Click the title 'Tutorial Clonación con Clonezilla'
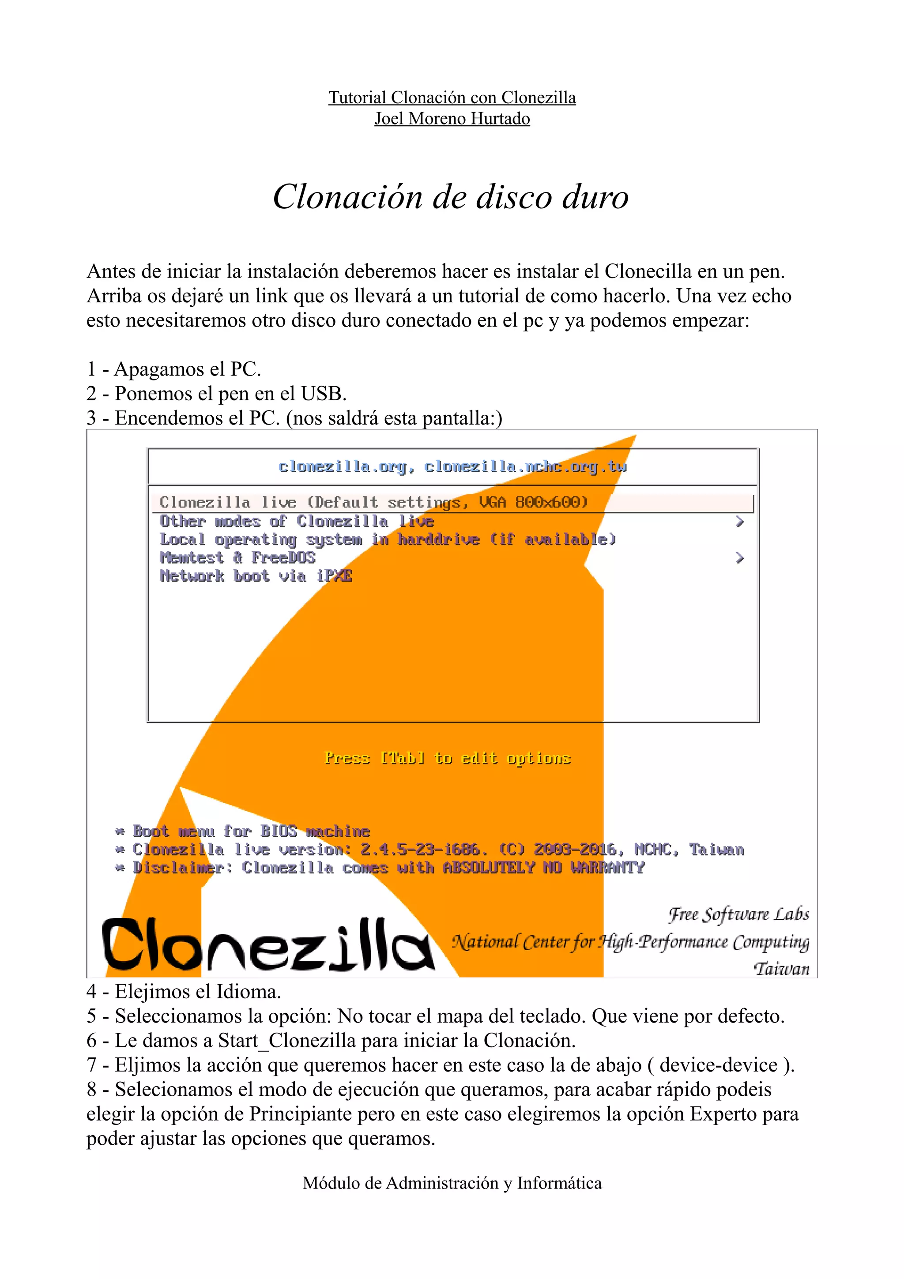click(x=452, y=98)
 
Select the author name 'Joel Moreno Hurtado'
click(x=452, y=119)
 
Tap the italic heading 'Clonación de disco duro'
click(x=451, y=197)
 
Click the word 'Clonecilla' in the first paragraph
click(x=648, y=271)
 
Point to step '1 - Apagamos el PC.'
click(x=174, y=369)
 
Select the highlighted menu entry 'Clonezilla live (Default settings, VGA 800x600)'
click(x=373, y=502)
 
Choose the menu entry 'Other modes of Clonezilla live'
click(x=296, y=521)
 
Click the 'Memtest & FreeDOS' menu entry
click(x=238, y=557)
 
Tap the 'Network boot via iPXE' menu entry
click(x=256, y=576)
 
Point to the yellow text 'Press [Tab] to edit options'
click(x=447, y=758)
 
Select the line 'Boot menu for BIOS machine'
click(x=251, y=831)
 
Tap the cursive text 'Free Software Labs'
click(x=738, y=914)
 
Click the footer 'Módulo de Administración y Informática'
click(x=452, y=1183)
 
